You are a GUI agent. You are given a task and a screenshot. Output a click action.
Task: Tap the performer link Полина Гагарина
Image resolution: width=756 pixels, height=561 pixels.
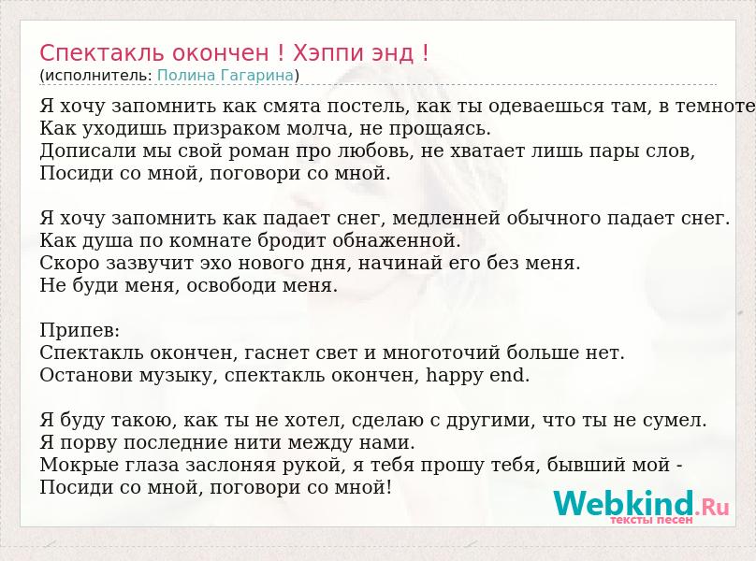pyautogui.click(x=225, y=75)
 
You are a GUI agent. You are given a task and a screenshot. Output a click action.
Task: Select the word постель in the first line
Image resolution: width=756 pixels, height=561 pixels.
pyautogui.click(x=368, y=106)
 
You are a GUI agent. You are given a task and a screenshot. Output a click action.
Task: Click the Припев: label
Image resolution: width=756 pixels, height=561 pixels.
pyautogui.click(x=80, y=331)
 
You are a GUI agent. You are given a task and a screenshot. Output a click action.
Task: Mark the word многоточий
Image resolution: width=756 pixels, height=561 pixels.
pyautogui.click(x=442, y=352)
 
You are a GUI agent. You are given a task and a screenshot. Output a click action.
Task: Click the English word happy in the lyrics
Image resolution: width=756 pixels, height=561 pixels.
pyautogui.click(x=454, y=375)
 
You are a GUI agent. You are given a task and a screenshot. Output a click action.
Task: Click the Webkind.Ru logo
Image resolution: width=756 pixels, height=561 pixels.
pyautogui.click(x=641, y=503)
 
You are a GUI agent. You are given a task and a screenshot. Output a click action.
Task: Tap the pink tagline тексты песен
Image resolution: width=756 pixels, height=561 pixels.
pyautogui.click(x=651, y=520)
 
